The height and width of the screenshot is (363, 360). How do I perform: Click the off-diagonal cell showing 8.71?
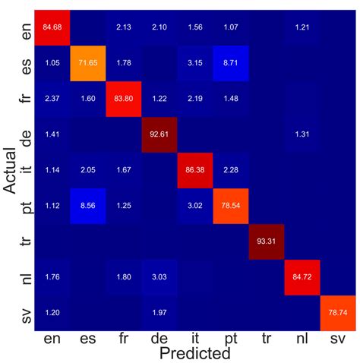(x=229, y=62)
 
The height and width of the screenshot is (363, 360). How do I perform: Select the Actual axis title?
(x=10, y=171)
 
